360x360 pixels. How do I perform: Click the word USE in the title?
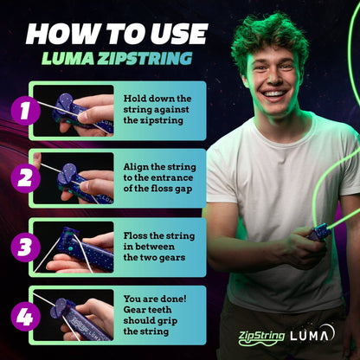click(177, 34)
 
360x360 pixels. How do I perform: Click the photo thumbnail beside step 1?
click(74, 110)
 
